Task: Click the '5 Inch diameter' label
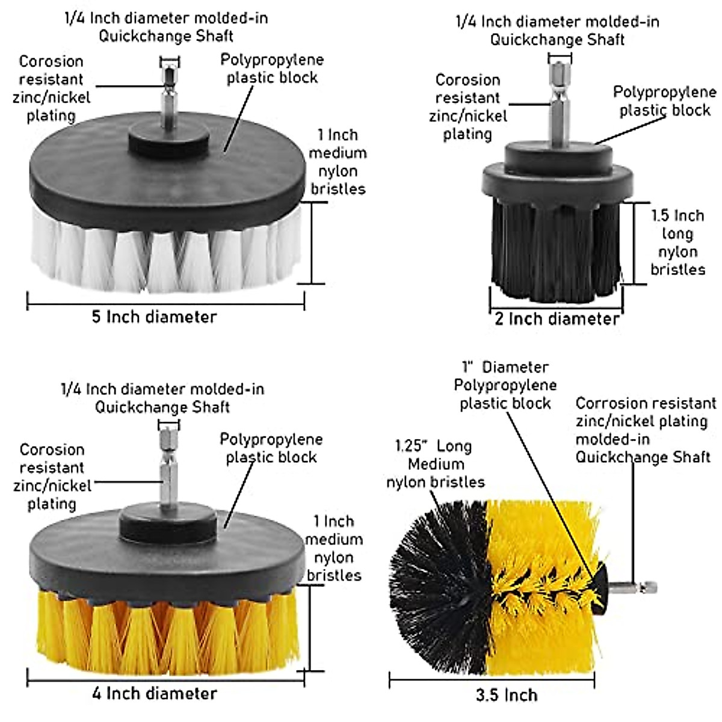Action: coord(154,316)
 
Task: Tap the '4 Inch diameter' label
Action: coord(154,693)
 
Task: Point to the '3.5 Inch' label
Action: coord(507,695)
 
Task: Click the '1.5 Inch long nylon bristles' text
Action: coord(677,242)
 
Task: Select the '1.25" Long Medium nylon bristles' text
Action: coord(435,464)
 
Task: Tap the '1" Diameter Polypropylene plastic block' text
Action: coord(505,385)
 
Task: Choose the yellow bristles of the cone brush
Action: coord(541,578)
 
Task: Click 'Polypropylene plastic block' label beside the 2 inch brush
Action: coord(665,101)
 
